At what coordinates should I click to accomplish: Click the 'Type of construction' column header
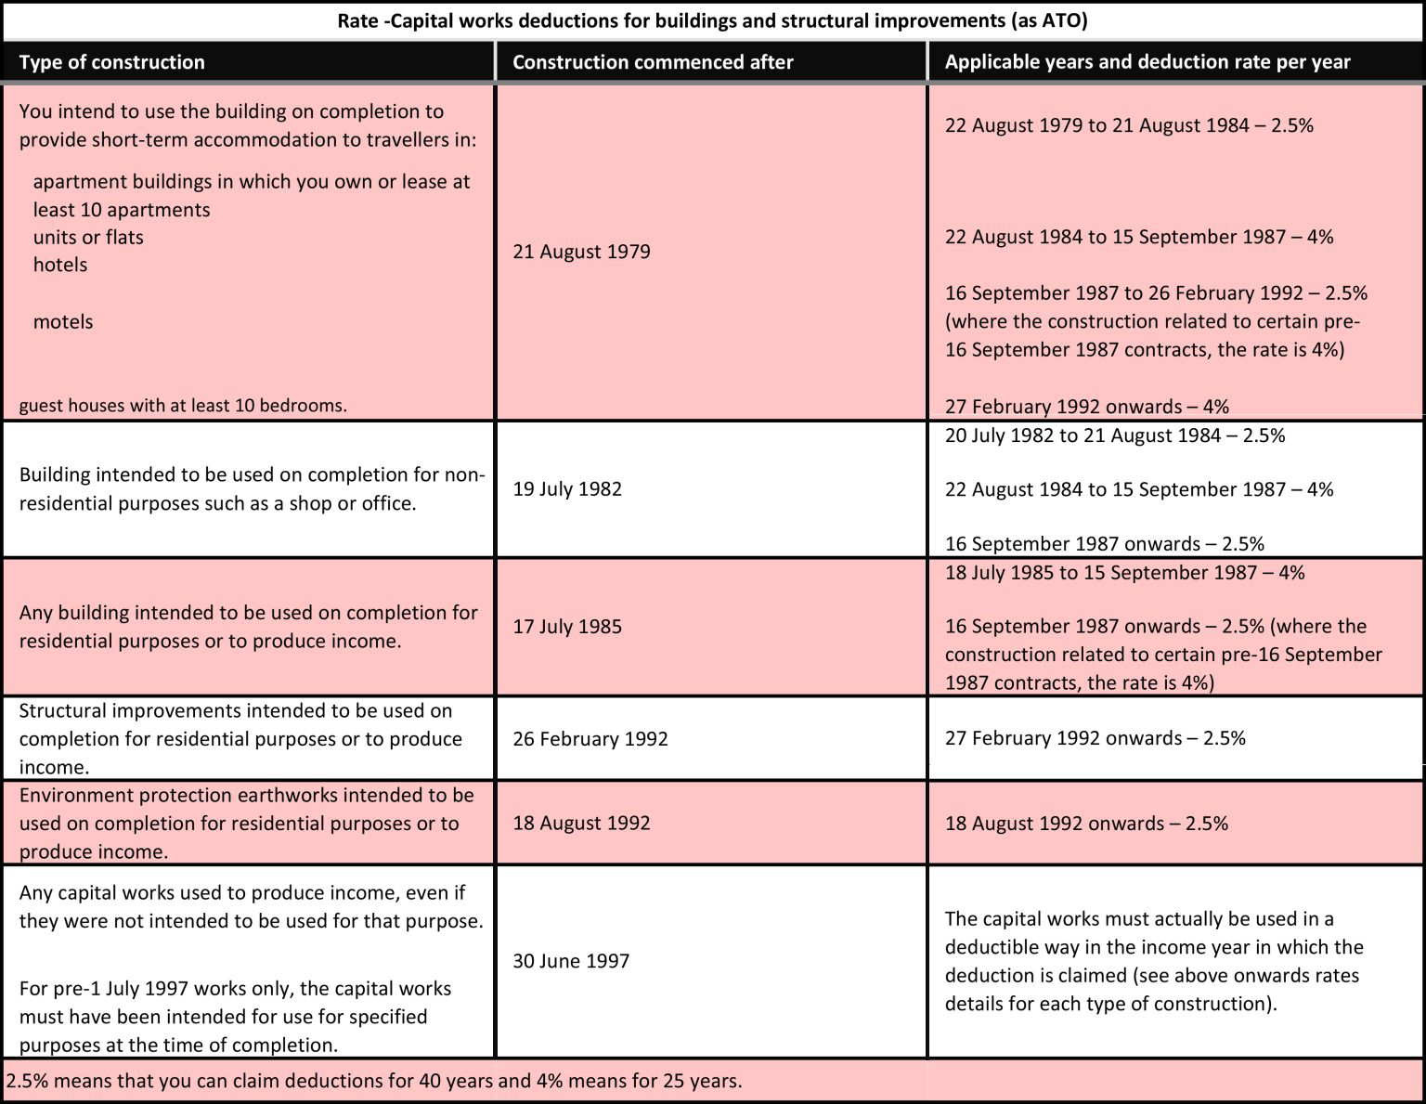(x=111, y=62)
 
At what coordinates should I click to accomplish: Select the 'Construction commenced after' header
(x=653, y=62)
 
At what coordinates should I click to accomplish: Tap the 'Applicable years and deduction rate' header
(x=1147, y=62)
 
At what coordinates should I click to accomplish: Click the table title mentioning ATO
(x=712, y=20)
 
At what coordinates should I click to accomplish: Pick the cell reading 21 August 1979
(x=581, y=252)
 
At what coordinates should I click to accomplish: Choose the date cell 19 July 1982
(x=567, y=489)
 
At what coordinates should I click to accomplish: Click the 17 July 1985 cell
(x=567, y=627)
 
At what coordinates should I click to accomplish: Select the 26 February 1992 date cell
(x=590, y=739)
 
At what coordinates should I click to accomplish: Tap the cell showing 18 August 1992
(x=581, y=824)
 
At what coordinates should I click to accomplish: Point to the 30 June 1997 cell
(x=571, y=961)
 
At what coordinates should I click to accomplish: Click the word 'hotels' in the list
(x=60, y=265)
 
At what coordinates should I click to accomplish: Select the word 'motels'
(x=63, y=322)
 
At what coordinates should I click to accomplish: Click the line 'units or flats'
(x=88, y=237)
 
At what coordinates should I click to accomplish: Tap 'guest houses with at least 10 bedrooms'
(x=183, y=406)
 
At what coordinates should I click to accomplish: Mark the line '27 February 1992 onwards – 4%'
(x=1086, y=407)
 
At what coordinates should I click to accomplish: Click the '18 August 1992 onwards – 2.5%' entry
(x=1086, y=824)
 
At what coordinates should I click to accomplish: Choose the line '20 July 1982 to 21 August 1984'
(x=1115, y=435)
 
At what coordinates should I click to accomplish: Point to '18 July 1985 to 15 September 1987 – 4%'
(x=1124, y=573)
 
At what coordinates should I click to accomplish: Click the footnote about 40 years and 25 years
(x=374, y=1082)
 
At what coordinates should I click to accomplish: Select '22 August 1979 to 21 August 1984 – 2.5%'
(x=1129, y=125)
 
